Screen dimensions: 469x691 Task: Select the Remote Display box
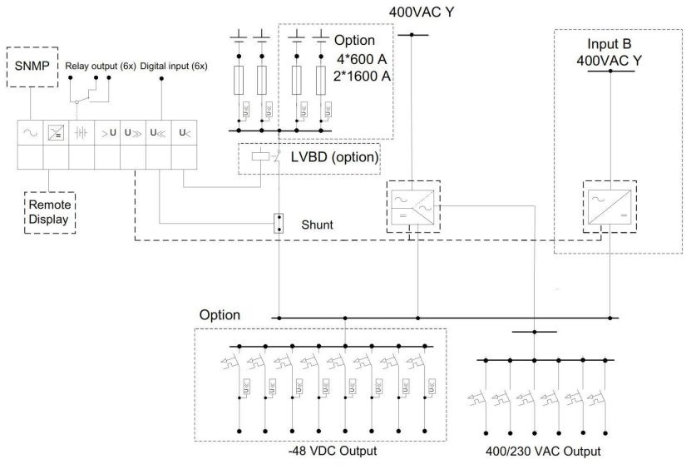coord(49,212)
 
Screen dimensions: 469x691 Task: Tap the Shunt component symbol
coord(280,223)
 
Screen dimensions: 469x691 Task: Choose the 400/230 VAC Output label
coord(543,452)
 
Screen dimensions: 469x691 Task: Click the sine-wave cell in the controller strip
coord(30,133)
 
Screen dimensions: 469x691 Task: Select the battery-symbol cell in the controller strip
coord(81,133)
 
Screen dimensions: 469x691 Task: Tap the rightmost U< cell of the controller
coord(184,133)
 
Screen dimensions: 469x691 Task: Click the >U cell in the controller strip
coord(107,133)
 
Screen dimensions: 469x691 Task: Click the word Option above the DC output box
coord(220,315)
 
